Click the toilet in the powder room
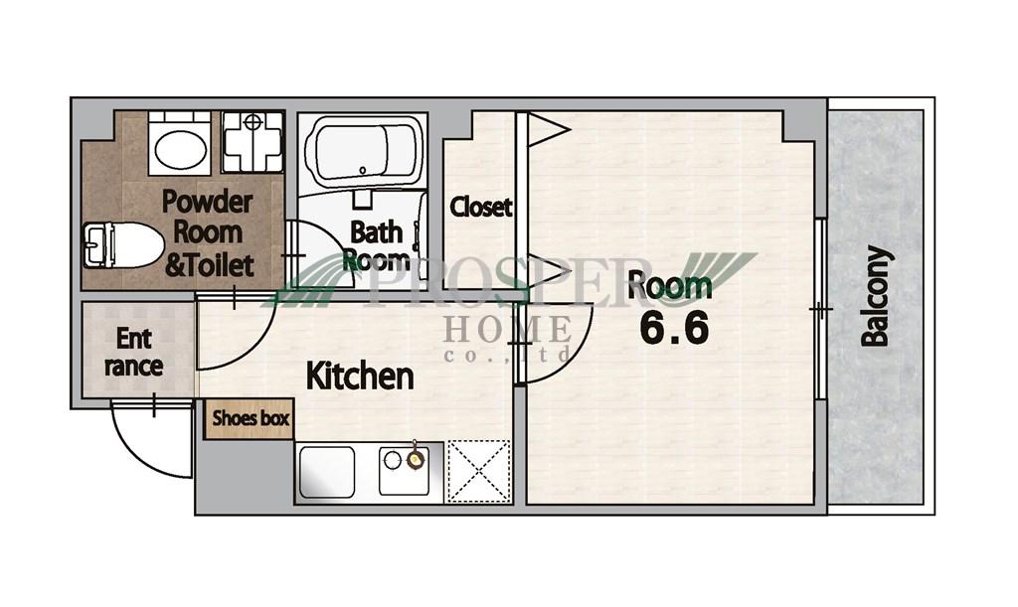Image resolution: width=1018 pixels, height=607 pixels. point(122,245)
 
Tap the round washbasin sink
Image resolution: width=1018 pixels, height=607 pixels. point(180,148)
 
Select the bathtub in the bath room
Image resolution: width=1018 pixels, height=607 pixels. point(362,150)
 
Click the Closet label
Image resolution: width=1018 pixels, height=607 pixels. point(481,207)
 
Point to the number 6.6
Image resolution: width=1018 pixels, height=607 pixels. point(674,328)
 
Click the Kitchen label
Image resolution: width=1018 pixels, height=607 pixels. point(360,376)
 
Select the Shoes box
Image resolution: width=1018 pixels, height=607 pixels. point(250,419)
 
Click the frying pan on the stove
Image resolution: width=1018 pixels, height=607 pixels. point(415,459)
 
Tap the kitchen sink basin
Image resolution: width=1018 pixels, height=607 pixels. point(326,472)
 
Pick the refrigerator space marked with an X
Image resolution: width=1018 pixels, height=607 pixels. point(479,472)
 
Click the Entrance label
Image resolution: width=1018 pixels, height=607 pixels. point(134,352)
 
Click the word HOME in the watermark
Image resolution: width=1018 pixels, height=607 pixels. point(508,329)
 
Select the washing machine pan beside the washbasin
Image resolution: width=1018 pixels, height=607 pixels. point(253,142)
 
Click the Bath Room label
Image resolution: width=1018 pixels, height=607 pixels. point(377,246)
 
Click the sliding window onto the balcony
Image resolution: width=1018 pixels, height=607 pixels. point(820,309)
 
